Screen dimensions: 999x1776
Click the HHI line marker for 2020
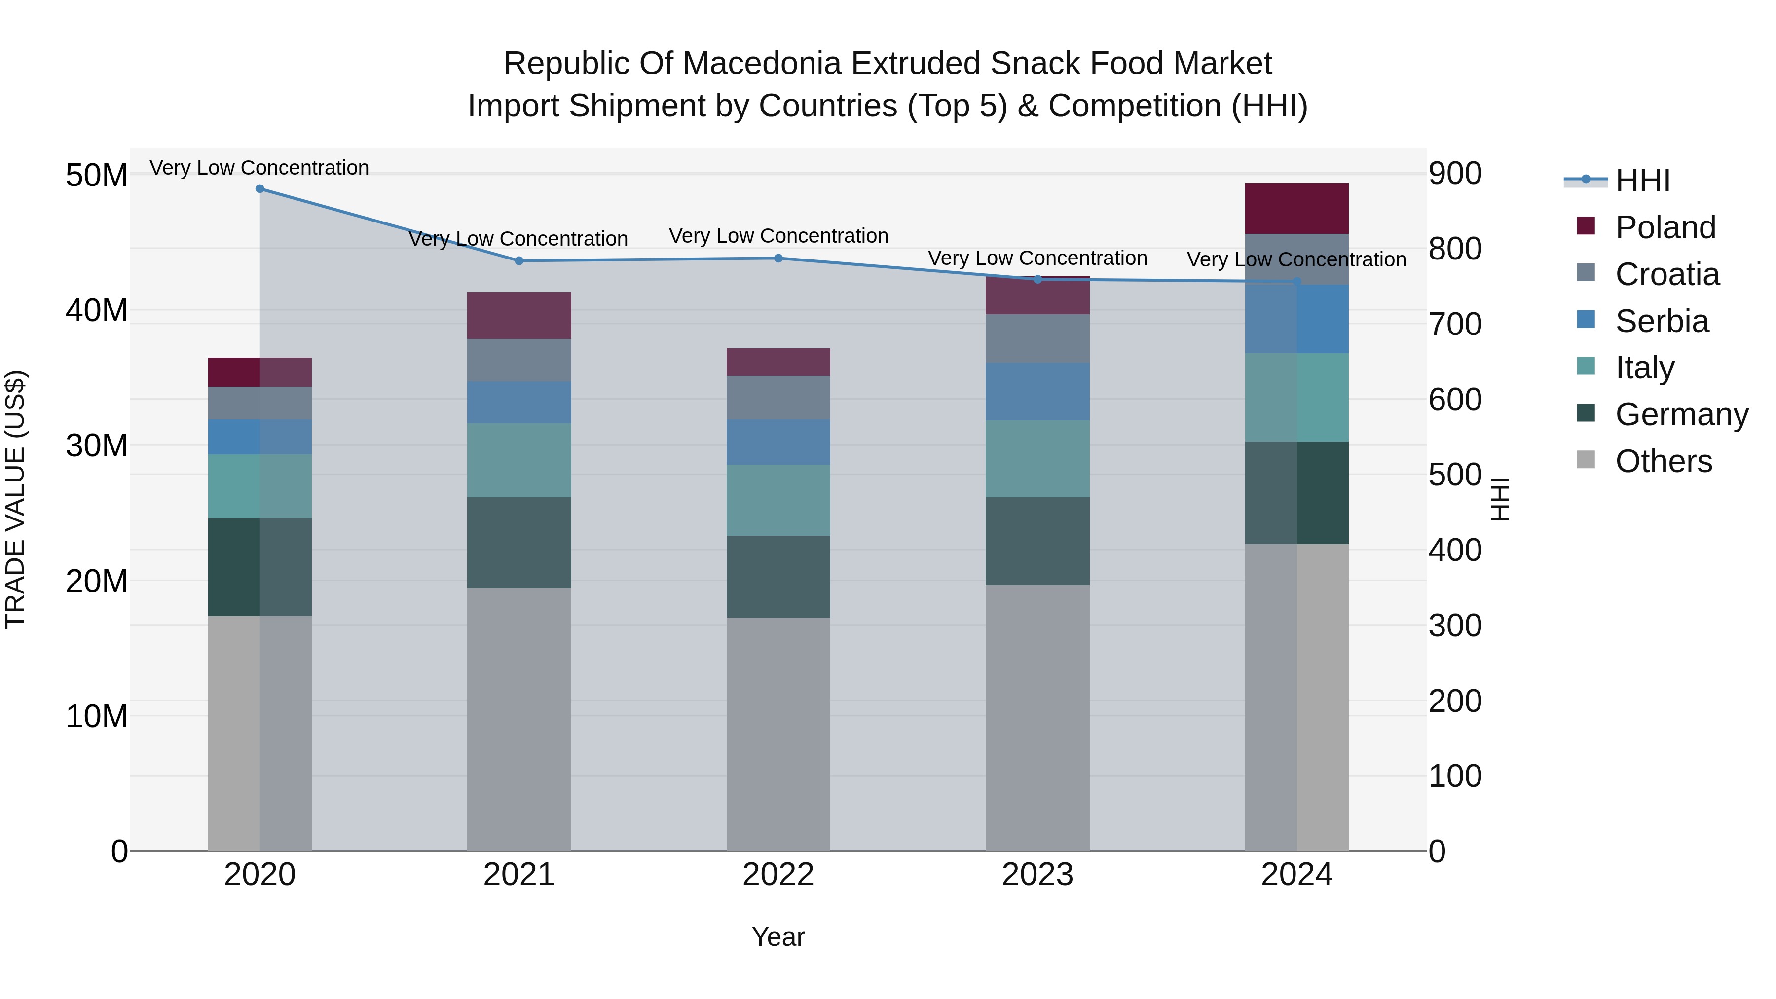click(260, 189)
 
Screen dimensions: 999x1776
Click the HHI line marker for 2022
click(778, 259)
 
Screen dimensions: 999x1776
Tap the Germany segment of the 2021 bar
click(519, 543)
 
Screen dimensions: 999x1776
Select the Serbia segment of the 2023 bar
click(1037, 392)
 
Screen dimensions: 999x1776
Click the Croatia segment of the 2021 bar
click(519, 360)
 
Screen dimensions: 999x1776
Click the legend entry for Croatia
click(1666, 274)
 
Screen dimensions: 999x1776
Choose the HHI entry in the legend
click(1642, 181)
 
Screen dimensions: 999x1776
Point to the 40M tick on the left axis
click(97, 310)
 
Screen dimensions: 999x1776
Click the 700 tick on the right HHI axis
click(1455, 324)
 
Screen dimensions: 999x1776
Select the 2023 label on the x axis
click(1037, 875)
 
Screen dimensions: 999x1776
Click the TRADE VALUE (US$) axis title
click(15, 499)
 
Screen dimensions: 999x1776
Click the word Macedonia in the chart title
click(764, 64)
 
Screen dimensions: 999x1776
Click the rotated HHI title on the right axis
click(1500, 499)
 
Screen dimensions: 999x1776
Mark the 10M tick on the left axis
click(97, 716)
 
